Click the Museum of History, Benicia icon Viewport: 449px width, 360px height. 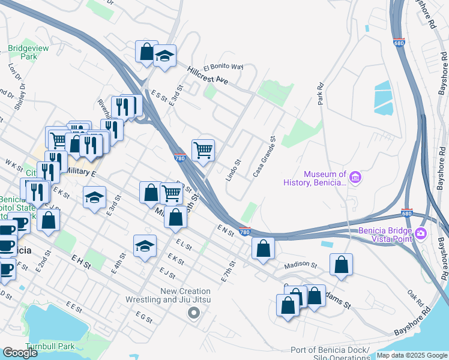click(x=355, y=177)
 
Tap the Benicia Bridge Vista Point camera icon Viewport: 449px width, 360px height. click(x=421, y=233)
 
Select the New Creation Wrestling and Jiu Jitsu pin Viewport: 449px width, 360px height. click(x=193, y=312)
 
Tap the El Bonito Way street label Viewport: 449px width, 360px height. click(x=223, y=67)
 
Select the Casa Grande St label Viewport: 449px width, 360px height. click(x=264, y=157)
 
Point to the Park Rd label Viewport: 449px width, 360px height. click(x=321, y=94)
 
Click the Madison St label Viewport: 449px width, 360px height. click(x=300, y=265)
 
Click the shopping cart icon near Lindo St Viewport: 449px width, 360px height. click(x=203, y=150)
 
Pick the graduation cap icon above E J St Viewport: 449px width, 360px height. click(x=144, y=245)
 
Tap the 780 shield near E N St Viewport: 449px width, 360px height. click(x=244, y=232)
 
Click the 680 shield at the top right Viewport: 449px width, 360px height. click(x=400, y=43)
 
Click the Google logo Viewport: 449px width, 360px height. click(x=20, y=353)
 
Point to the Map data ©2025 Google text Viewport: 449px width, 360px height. click(x=412, y=355)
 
